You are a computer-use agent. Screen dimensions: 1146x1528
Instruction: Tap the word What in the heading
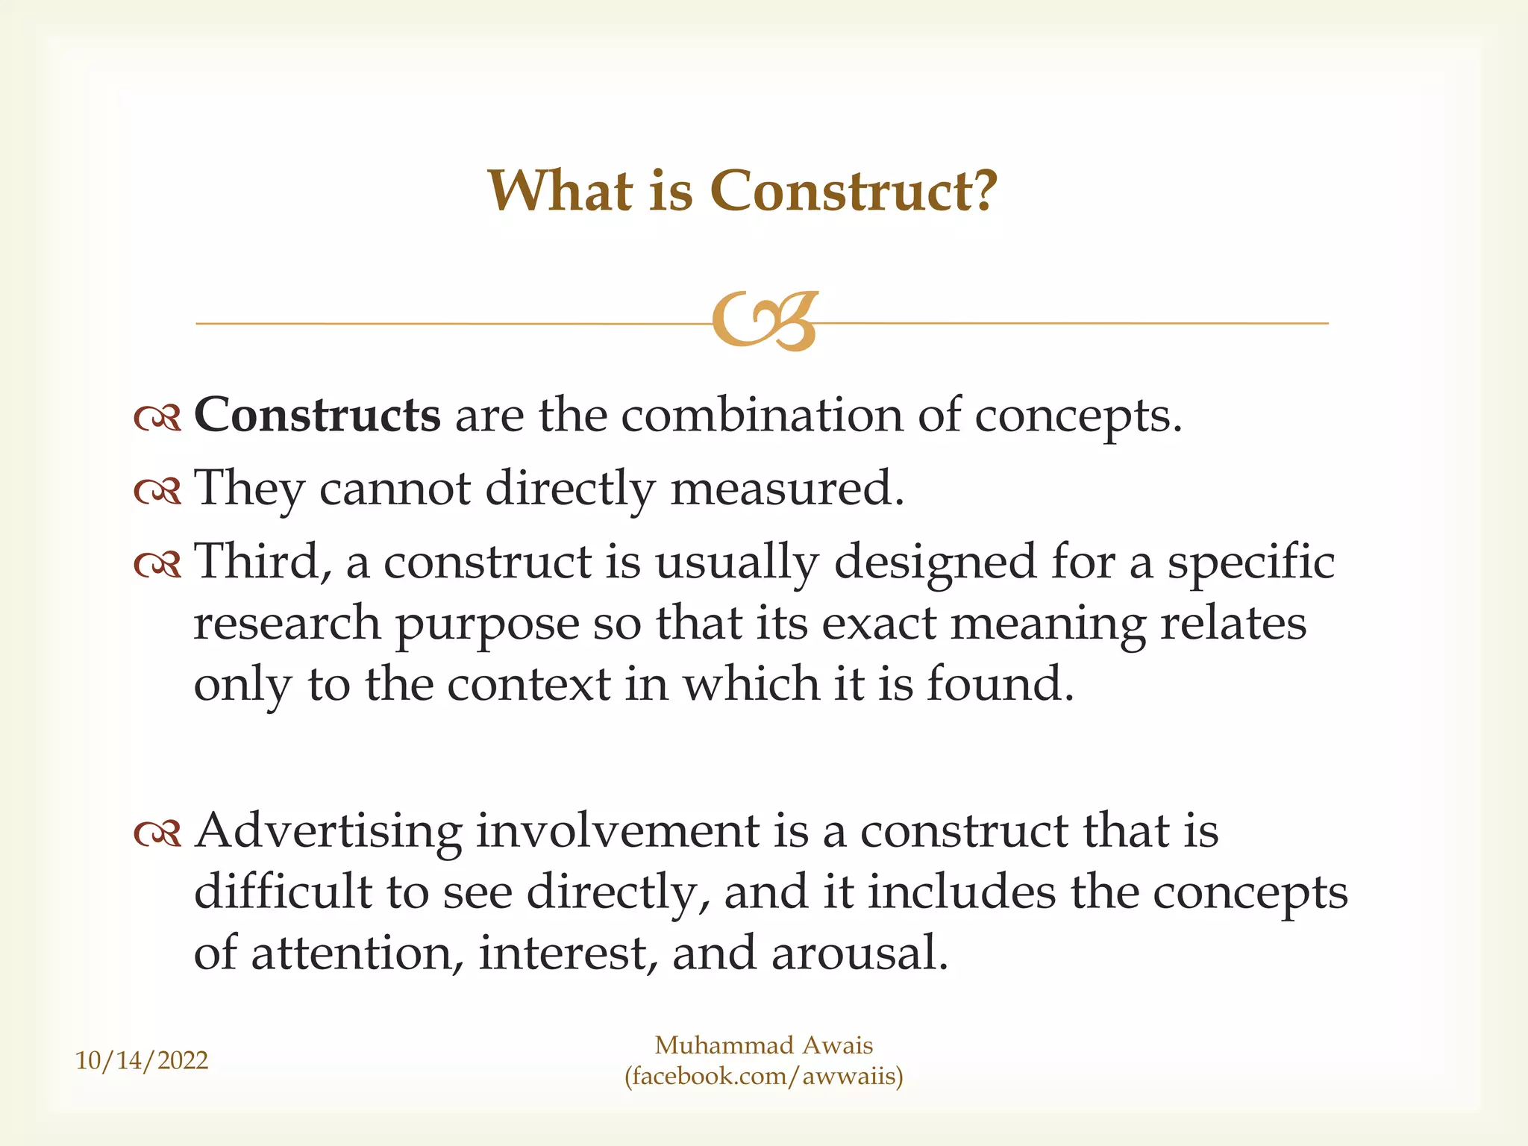pos(560,191)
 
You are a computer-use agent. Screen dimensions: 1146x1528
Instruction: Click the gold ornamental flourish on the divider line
pos(765,321)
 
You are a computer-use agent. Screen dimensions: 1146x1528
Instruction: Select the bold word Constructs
pos(317,415)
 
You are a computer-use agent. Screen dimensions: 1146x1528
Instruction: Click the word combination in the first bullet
pos(762,415)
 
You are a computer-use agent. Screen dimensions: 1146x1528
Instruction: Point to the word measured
pos(787,488)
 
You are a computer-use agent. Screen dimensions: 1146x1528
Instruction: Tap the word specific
pos(1251,561)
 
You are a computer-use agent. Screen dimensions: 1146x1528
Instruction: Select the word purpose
pos(486,624)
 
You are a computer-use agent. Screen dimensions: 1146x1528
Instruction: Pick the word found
pos(1000,684)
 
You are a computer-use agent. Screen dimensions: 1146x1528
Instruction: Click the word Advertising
pos(328,831)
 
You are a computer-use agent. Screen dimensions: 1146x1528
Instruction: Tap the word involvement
pos(618,831)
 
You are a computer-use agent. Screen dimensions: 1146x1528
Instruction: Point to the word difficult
pos(283,892)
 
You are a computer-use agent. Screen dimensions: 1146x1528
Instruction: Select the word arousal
pos(859,954)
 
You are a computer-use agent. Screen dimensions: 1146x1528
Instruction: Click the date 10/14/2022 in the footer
pos(142,1060)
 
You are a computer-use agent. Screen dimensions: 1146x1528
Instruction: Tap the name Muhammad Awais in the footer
pos(764,1045)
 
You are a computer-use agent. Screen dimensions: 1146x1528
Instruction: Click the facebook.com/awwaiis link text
pos(764,1077)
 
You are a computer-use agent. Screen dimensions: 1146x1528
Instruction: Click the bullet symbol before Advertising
pos(157,834)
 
